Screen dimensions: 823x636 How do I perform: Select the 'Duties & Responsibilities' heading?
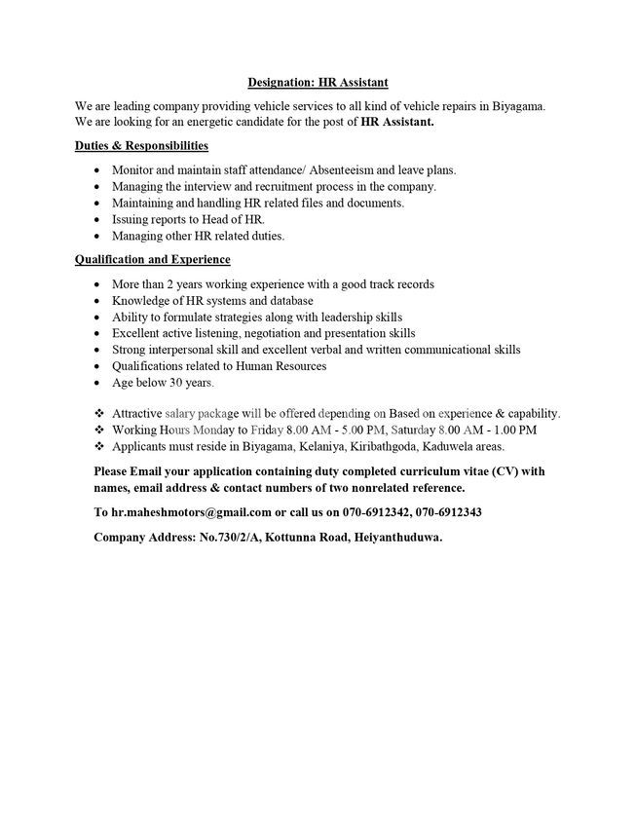pyautogui.click(x=141, y=145)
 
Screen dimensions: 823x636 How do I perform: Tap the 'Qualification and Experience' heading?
pyautogui.click(x=152, y=260)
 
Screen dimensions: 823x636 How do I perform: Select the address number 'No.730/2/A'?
pyautogui.click(x=227, y=537)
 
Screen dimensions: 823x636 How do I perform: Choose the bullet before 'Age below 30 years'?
pyautogui.click(x=98, y=384)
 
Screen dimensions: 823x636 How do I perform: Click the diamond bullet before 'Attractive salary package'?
pyautogui.click(x=98, y=413)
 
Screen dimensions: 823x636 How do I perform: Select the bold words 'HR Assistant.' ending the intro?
pyautogui.click(x=396, y=123)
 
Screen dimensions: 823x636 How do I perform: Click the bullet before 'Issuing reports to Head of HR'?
pyautogui.click(x=98, y=220)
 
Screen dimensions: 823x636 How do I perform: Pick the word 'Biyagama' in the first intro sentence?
pyautogui.click(x=518, y=106)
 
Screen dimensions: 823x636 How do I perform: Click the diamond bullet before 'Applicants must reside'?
pyautogui.click(x=98, y=446)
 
